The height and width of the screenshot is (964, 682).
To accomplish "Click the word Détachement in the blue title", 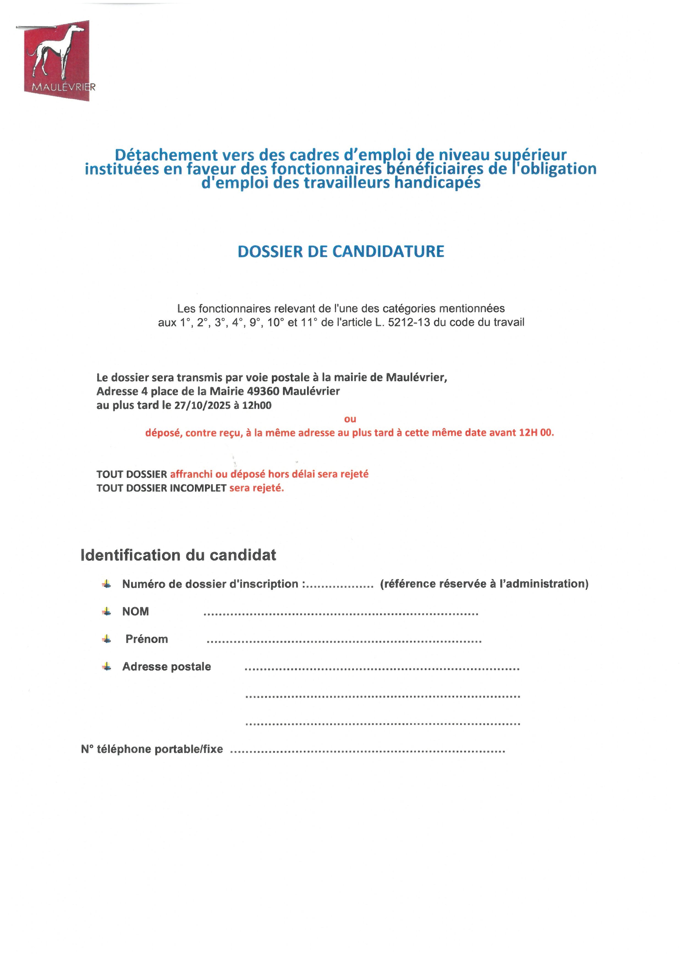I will (x=166, y=155).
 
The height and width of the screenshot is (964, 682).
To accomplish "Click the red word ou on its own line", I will (x=350, y=419).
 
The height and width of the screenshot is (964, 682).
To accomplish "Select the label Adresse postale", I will (x=166, y=667).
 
